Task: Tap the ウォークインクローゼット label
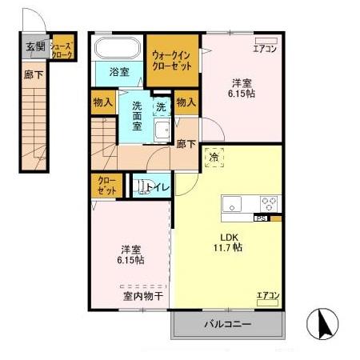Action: tap(172, 61)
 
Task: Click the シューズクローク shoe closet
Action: tap(62, 46)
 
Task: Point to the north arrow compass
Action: tap(322, 324)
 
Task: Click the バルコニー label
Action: tap(228, 324)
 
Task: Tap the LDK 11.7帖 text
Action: tap(228, 242)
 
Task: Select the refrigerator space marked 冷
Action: tap(214, 158)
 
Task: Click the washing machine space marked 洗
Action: tap(162, 106)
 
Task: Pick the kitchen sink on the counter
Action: tap(232, 204)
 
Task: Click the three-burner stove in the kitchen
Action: tap(269, 204)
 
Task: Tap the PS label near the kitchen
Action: tap(261, 218)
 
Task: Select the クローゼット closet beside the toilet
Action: tap(106, 186)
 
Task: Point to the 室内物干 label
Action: tap(143, 296)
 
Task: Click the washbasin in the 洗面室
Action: tap(162, 130)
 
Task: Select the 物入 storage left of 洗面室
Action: tap(103, 102)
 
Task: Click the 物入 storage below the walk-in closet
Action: tap(186, 102)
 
